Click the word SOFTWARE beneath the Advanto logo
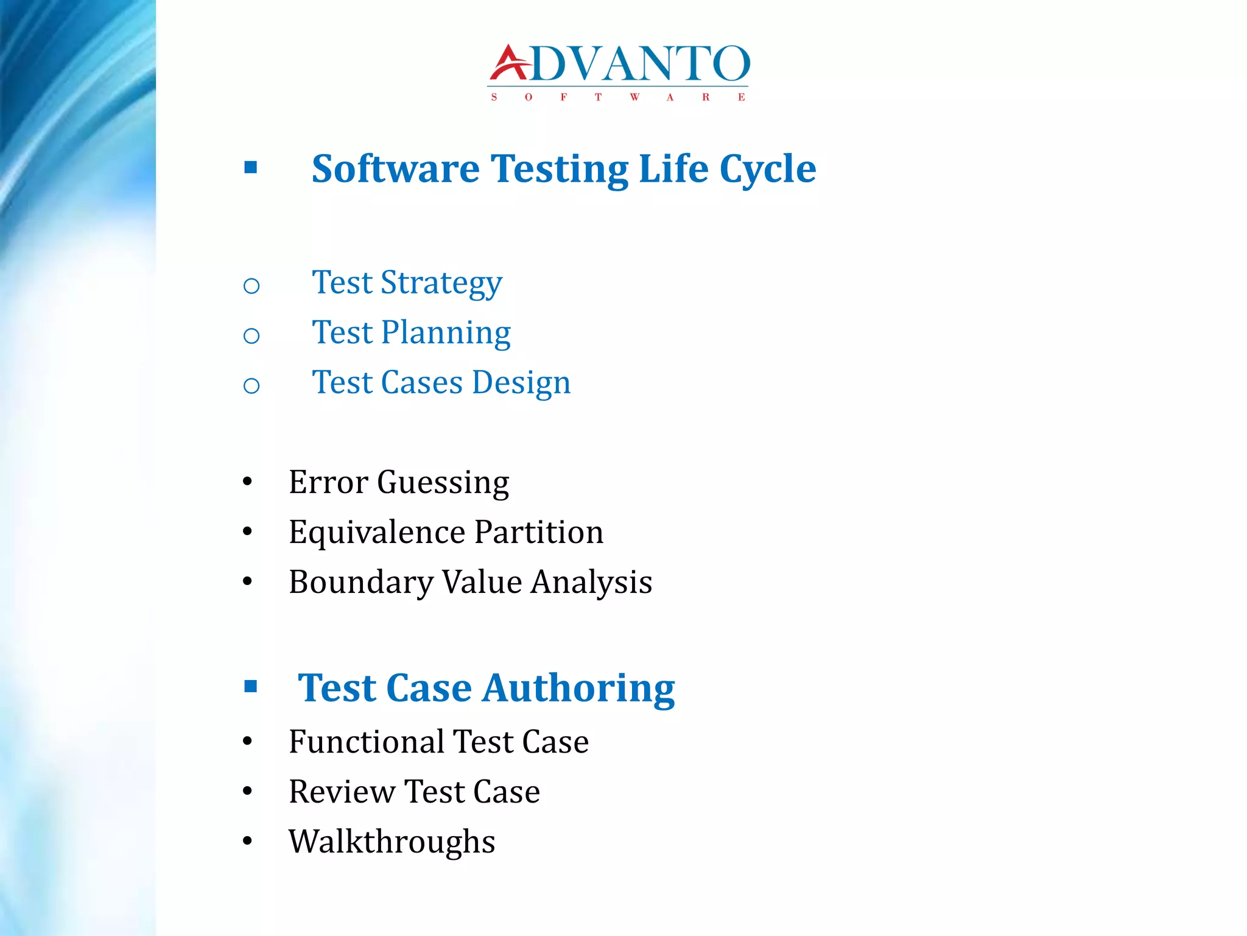pos(618,97)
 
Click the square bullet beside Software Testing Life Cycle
pos(250,168)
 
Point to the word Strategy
pos(441,283)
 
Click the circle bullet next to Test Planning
pos(251,335)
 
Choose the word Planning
pos(446,333)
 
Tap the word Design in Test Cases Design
pos(521,383)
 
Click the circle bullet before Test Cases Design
pos(251,385)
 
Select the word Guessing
pos(443,483)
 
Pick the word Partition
pos(539,532)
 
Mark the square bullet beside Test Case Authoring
pos(250,687)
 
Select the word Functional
pos(367,742)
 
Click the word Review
pos(342,792)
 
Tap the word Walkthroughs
pos(392,842)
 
